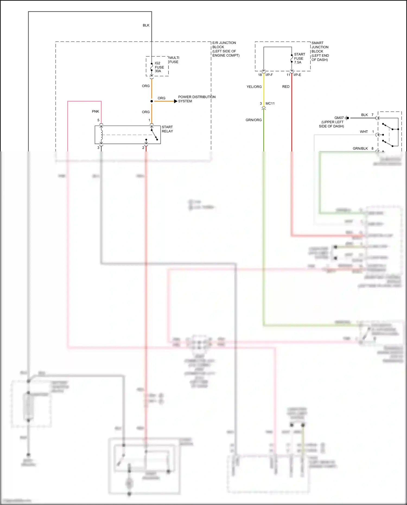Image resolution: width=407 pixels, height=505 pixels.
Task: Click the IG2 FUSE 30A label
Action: pyautogui.click(x=159, y=67)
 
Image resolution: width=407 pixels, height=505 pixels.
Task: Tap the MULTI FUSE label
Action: pyautogui.click(x=174, y=60)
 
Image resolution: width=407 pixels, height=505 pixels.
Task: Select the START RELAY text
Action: pyautogui.click(x=167, y=129)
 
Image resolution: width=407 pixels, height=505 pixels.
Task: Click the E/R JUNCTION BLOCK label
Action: pyautogui.click(x=225, y=49)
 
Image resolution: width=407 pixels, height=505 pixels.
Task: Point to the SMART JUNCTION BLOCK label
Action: pyautogui.click(x=320, y=51)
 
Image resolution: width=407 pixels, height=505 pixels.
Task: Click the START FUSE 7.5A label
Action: pyautogui.click(x=299, y=58)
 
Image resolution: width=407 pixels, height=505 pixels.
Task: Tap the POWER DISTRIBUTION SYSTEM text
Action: pyautogui.click(x=196, y=99)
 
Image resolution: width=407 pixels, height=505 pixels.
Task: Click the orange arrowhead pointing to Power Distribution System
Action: pyautogui.click(x=176, y=101)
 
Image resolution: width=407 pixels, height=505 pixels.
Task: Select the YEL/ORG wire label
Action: pyautogui.click(x=254, y=87)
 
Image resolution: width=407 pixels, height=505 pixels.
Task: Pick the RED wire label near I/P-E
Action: pyautogui.click(x=286, y=87)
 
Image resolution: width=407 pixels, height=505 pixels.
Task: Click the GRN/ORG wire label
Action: pyautogui.click(x=253, y=120)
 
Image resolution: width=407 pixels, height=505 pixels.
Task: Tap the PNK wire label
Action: pyautogui.click(x=96, y=112)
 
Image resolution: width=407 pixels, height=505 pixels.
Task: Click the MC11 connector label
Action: pyautogui.click(x=270, y=103)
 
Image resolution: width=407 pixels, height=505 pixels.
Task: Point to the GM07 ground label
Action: pyautogui.click(x=339, y=118)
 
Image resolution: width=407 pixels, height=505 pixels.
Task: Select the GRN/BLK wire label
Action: pyautogui.click(x=360, y=148)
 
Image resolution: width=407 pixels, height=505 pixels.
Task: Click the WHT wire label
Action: pyautogui.click(x=364, y=132)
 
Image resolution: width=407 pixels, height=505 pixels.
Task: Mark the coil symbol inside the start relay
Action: pyautogui.click(x=101, y=135)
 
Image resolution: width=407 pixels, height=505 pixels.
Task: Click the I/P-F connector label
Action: pyautogui.click(x=269, y=75)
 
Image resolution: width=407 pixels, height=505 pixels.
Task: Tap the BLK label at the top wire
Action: pyautogui.click(x=146, y=25)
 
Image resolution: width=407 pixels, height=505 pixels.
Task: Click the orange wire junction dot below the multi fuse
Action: pyautogui.click(x=152, y=101)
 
